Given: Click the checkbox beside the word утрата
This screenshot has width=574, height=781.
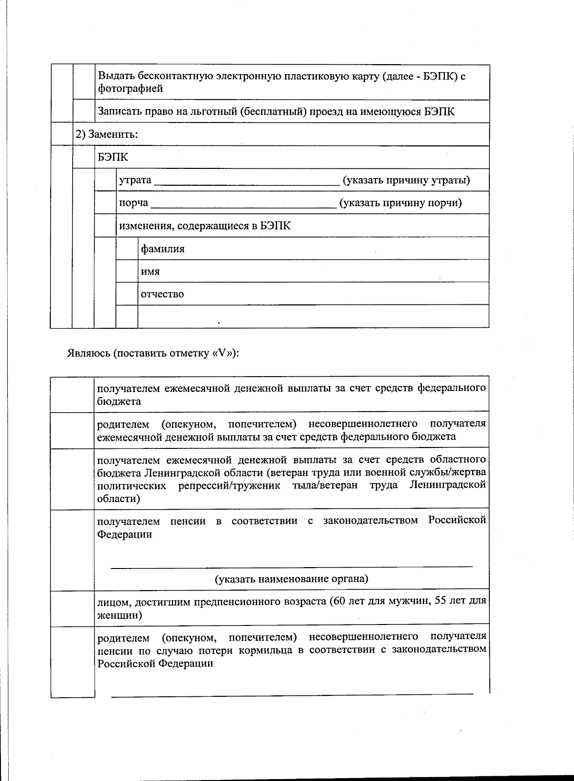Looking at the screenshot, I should (x=105, y=180).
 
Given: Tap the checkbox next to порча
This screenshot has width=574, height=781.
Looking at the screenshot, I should (x=105, y=202).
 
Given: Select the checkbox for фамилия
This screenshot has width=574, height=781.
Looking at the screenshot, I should (x=127, y=248).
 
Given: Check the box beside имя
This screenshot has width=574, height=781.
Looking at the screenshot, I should (x=127, y=271).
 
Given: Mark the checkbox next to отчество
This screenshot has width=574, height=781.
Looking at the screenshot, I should (x=127, y=293).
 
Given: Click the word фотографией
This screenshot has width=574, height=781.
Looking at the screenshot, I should (x=130, y=89).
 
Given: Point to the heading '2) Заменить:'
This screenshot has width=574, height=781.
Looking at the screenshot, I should (x=106, y=134).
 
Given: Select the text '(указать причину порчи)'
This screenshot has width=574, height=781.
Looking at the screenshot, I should (x=401, y=202).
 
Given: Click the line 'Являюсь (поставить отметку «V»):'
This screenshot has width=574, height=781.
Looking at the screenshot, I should (x=153, y=354).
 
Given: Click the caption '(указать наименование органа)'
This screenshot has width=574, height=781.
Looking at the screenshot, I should (x=291, y=579).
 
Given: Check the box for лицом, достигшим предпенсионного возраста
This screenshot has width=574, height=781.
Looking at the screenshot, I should (x=72, y=608).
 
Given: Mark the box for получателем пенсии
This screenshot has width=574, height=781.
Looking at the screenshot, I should (x=72, y=550).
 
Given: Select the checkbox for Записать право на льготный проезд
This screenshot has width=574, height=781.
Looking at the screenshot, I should (x=84, y=112).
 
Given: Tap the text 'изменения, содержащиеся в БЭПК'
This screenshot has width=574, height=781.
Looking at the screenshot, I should (x=204, y=225).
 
